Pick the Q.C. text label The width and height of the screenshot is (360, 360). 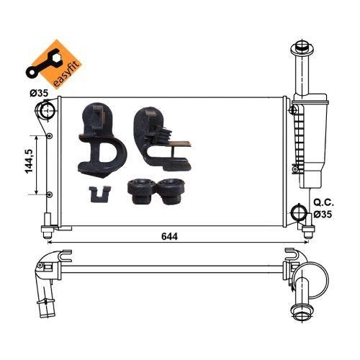point(322,204)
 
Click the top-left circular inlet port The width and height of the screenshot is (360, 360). point(45,112)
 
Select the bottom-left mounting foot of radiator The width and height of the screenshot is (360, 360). point(48,231)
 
